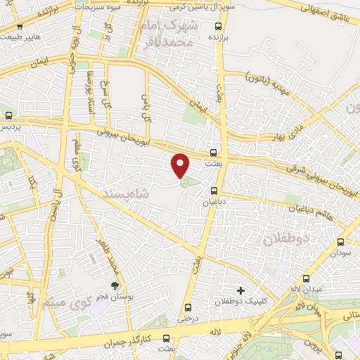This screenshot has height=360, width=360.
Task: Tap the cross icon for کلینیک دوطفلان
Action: (241, 290)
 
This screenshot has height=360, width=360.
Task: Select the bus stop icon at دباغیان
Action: (214, 190)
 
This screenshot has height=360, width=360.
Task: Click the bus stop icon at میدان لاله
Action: (305, 279)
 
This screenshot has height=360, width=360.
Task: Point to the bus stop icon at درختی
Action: (186, 307)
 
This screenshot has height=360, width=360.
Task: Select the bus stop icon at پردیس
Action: (8, 115)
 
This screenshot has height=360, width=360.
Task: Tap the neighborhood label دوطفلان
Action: (287, 239)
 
